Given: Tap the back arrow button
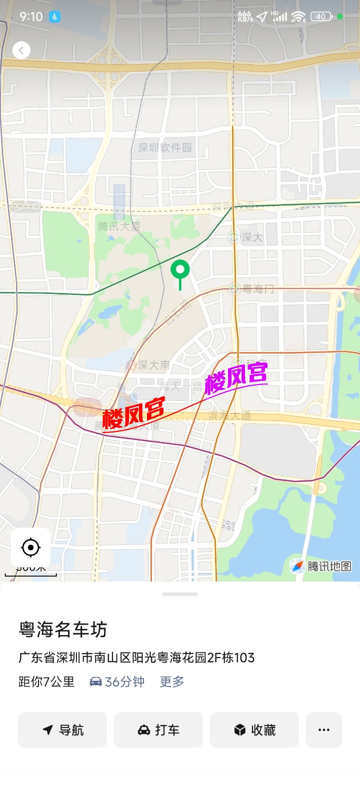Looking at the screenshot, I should point(21,50).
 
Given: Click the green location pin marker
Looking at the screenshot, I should point(180,270).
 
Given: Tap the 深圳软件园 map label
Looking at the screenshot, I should point(165,147).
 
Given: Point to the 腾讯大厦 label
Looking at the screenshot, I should point(119,226).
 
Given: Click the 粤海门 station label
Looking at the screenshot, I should point(257,288).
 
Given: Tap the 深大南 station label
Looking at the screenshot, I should point(153,365).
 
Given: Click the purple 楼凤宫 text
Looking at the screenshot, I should point(236,377).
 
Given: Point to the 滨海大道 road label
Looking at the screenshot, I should point(229,415).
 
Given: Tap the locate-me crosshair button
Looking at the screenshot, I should point(30,547).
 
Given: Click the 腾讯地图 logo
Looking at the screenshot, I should point(322,566).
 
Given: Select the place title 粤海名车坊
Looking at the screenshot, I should point(63,629).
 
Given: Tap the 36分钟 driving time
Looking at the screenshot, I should point(117,681).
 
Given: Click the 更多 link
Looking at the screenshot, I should point(172,681).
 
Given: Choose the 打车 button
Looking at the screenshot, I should point(158,730).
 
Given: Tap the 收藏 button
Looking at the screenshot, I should point(254,730).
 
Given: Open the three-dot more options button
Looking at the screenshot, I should point(324,730).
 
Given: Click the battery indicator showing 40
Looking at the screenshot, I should point(321,16).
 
